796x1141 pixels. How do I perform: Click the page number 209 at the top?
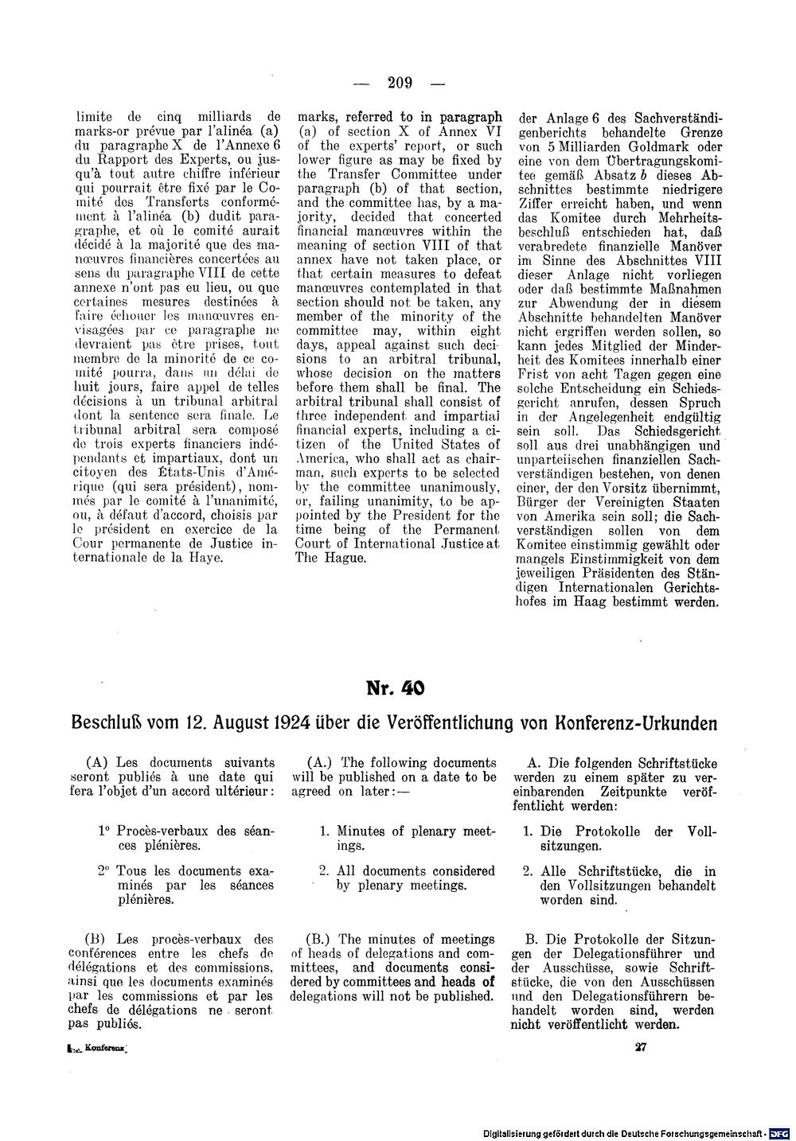point(397,81)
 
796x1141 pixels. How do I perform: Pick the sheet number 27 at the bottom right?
point(639,1047)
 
